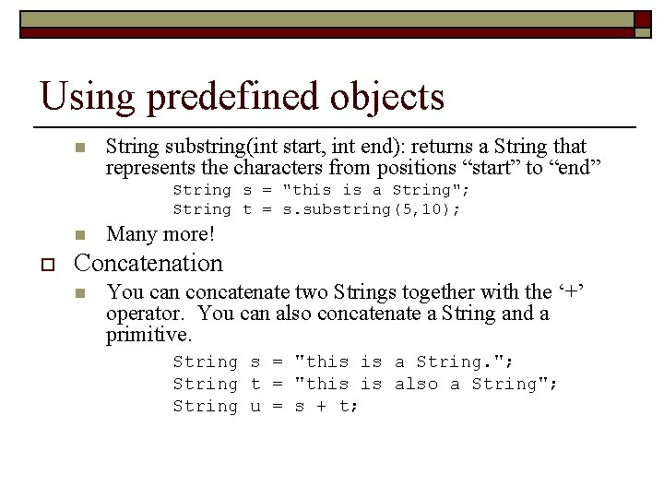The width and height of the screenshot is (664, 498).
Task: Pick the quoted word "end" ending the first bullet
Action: click(572, 168)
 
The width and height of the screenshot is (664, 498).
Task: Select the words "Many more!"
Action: click(160, 234)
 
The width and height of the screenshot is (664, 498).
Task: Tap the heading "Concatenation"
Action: click(148, 264)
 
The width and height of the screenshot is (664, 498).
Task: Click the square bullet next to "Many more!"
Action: click(80, 234)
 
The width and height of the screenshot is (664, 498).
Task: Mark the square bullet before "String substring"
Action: click(80, 148)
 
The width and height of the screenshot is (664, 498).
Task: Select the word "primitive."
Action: click(149, 336)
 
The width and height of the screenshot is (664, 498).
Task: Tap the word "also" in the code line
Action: click(416, 384)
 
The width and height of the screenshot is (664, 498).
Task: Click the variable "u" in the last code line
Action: click(255, 406)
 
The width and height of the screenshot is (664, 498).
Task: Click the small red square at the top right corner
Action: click(641, 18)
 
